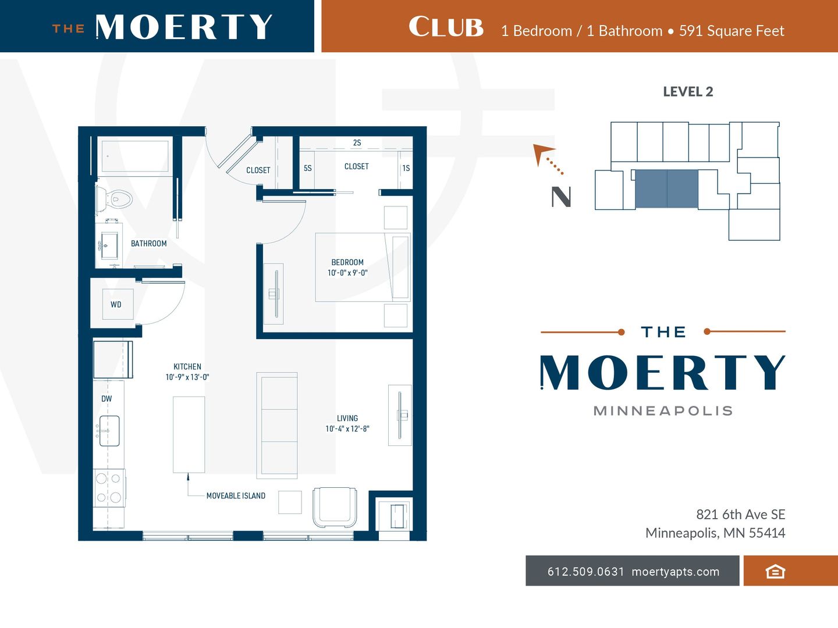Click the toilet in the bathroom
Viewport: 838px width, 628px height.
[115, 199]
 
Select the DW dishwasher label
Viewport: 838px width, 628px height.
[106, 399]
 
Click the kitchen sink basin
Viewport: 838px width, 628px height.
[109, 431]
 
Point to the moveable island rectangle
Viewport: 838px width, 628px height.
[189, 435]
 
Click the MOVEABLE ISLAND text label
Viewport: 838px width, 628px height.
[236, 495]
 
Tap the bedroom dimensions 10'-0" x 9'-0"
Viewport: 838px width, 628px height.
[347, 273]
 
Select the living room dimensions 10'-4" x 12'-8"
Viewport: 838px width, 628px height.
[347, 429]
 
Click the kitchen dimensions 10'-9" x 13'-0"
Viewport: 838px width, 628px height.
[187, 377]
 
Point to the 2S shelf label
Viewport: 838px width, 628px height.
[357, 142]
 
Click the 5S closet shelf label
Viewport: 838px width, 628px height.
[308, 168]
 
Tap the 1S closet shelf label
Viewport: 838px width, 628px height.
[406, 168]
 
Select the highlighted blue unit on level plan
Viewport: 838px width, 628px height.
[666, 189]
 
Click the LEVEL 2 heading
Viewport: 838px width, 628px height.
[688, 91]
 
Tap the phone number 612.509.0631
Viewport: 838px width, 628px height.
[585, 572]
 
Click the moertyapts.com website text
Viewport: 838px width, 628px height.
[676, 572]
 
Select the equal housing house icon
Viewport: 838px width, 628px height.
[775, 572]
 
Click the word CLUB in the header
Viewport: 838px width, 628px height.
[446, 27]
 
